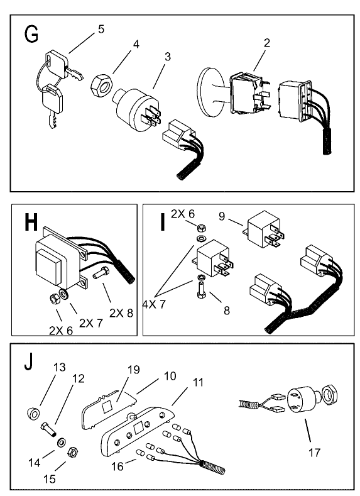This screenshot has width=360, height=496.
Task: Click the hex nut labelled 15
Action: tap(72, 451)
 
